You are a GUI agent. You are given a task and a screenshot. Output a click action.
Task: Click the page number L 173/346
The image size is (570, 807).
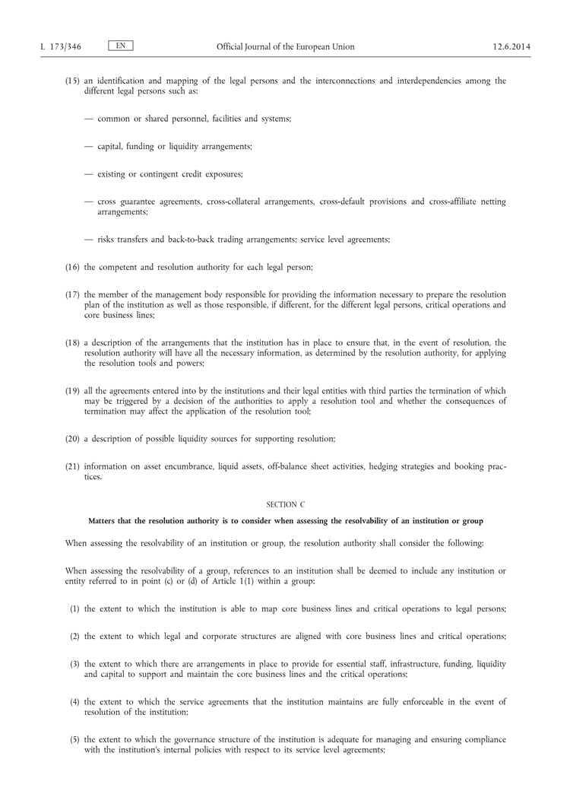(60, 47)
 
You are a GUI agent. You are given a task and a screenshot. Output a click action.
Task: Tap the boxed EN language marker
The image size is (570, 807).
(121, 46)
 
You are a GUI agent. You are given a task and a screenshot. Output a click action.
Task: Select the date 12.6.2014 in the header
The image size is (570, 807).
(512, 47)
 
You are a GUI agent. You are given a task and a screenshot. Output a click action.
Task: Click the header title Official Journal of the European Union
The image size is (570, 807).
(285, 47)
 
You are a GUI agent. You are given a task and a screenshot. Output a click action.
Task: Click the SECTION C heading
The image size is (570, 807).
(285, 504)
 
